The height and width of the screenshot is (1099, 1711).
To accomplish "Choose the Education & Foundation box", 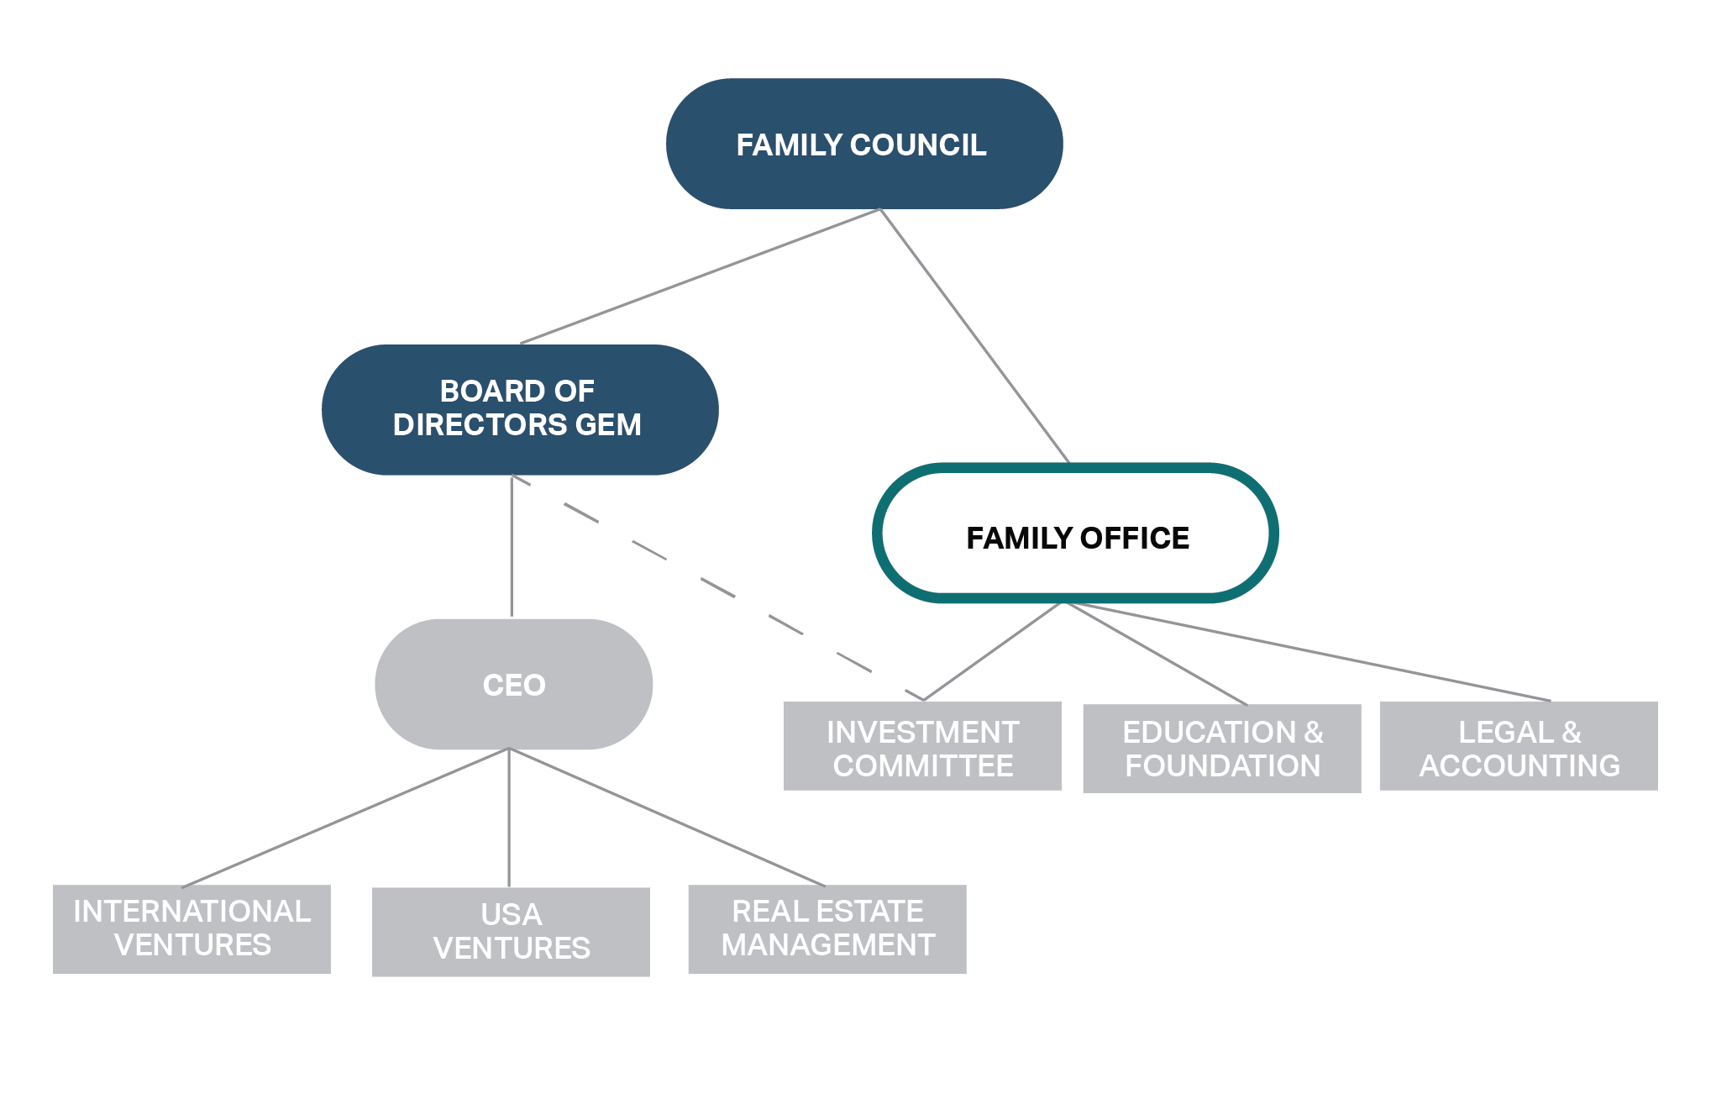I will (x=1221, y=749).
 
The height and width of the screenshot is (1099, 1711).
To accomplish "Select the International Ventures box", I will (x=192, y=928).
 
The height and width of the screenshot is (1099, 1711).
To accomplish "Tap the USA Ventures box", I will (x=511, y=932).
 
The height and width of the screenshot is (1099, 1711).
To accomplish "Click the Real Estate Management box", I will (x=827, y=928).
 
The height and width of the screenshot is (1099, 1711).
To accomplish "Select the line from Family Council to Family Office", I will (x=974, y=335).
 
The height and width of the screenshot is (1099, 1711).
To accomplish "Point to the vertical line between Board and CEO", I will (x=512, y=546).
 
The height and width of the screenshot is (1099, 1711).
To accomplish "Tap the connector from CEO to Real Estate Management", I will (x=668, y=818).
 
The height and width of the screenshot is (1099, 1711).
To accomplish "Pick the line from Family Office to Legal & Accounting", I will (x=1310, y=652).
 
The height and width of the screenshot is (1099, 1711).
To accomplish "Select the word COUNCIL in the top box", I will (x=918, y=145).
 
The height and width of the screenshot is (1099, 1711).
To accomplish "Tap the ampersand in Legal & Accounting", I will (x=1571, y=733).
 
